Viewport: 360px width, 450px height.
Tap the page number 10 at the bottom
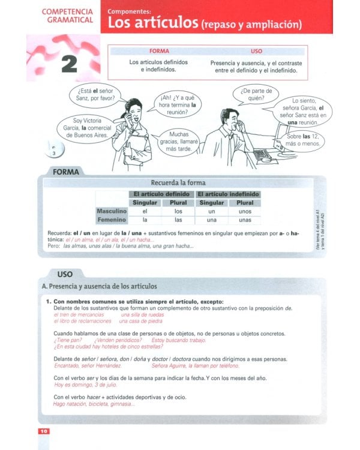[x=44, y=431]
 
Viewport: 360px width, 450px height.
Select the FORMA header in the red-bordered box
[x=159, y=51]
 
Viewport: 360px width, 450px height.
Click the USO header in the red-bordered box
[x=256, y=51]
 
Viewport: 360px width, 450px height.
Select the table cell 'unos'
[x=245, y=211]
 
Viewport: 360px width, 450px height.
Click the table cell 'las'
[x=178, y=220]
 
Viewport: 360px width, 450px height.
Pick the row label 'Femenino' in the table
[x=112, y=220]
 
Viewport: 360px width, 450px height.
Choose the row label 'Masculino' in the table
[x=112, y=211]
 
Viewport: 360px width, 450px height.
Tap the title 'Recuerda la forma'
[x=178, y=182]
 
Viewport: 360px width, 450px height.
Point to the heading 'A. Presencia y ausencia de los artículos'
[x=100, y=286]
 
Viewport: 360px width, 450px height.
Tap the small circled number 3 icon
[x=53, y=152]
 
